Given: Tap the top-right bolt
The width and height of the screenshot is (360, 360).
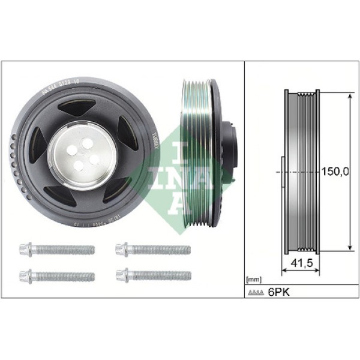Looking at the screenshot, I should click(x=152, y=249).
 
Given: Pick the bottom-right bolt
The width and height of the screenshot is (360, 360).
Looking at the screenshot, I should click(x=152, y=276).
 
